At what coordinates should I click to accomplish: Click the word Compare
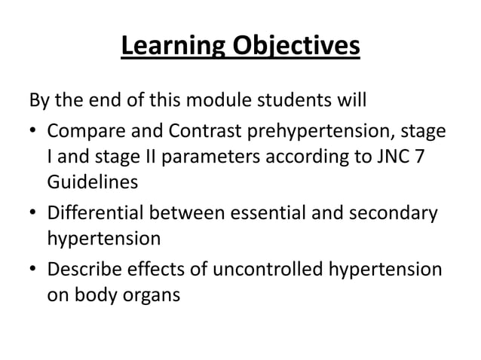81,133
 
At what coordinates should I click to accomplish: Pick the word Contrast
179,133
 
